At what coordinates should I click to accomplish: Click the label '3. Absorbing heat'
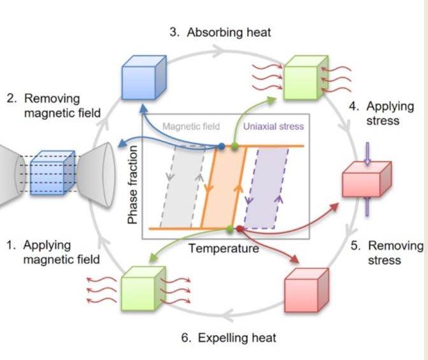pyautogui.click(x=215, y=33)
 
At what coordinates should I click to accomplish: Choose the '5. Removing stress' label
pyautogui.click(x=387, y=252)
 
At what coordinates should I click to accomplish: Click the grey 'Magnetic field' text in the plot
pyautogui.click(x=190, y=127)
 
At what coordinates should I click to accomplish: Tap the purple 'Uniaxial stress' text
pyautogui.click(x=273, y=127)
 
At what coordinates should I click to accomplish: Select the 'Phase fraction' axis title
pyautogui.click(x=133, y=185)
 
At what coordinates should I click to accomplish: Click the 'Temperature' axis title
pyautogui.click(x=224, y=248)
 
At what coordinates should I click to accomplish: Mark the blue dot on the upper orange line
pyautogui.click(x=221, y=146)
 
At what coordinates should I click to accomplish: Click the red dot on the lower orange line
pyautogui.click(x=239, y=228)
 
